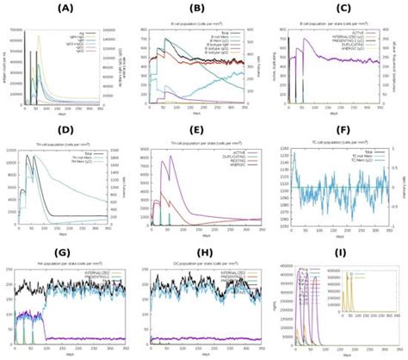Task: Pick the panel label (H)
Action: coord(204,252)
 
